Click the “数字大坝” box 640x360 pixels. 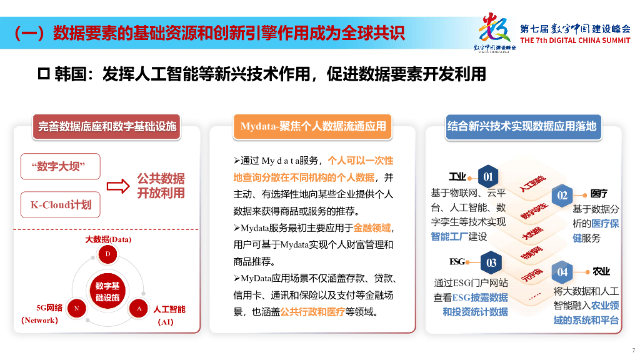[x=61, y=166]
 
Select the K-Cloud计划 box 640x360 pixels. [x=61, y=204]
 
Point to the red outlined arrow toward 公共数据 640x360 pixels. [x=118, y=186]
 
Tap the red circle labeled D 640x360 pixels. [x=107, y=254]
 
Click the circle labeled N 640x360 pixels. [x=76, y=308]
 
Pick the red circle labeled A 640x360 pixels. [x=139, y=308]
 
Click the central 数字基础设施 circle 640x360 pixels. [x=107, y=291]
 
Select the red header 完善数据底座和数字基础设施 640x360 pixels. [x=107, y=126]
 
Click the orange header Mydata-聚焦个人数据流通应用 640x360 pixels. [x=313, y=126]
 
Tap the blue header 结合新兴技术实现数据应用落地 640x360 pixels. [x=522, y=126]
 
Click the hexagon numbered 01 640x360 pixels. [x=488, y=177]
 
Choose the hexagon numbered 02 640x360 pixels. [x=562, y=195]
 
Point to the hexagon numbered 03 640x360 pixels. [x=491, y=262]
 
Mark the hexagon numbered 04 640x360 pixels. [x=562, y=272]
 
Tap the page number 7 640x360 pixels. [x=633, y=350]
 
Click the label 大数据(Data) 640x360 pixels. [x=108, y=239]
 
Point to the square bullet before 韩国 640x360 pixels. [x=44, y=74]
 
